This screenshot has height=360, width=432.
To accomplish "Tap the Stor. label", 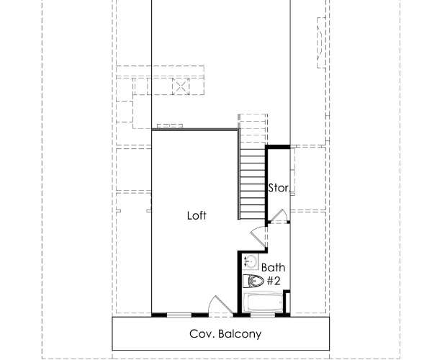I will point(279,189).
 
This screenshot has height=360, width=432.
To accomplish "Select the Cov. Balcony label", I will point(225,334).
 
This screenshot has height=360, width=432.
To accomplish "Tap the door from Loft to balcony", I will point(215,306).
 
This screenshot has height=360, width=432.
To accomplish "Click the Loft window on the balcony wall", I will point(179,315).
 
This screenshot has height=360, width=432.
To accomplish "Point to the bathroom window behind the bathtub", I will point(263,315).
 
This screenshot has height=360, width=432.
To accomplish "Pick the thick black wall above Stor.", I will point(279,148).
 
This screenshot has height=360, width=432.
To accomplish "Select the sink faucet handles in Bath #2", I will point(246,261).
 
